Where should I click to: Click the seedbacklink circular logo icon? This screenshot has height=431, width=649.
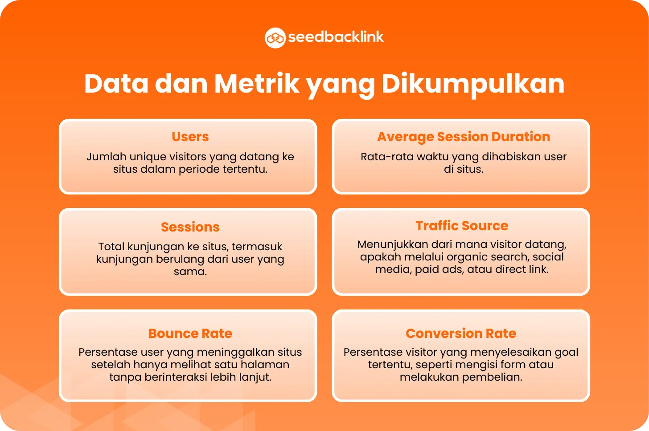[275, 38]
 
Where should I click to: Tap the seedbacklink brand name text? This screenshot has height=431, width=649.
[336, 37]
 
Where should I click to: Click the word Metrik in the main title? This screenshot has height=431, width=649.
[257, 84]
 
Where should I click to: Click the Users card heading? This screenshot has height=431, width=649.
[190, 136]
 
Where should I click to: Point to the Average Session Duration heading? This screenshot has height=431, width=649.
[464, 137]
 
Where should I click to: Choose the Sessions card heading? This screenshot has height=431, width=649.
[190, 227]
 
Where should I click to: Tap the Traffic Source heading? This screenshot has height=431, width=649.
[462, 225]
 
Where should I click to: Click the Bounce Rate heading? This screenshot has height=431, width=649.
[190, 333]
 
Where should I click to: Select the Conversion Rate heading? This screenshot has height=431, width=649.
[461, 333]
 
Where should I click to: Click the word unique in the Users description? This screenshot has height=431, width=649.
[148, 157]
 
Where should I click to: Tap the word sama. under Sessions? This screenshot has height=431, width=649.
[190, 272]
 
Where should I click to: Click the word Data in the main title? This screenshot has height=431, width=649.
[116, 84]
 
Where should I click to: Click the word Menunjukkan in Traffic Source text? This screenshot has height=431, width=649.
[392, 245]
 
